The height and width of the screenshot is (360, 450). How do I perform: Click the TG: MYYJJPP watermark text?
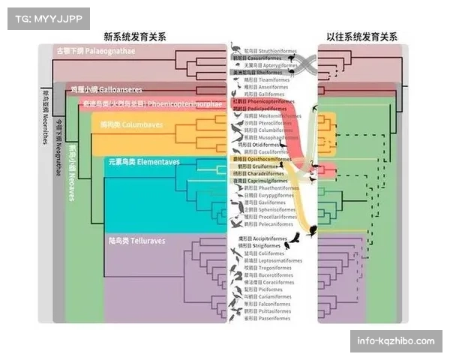coord(48,18)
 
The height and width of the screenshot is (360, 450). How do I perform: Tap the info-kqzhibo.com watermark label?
coord(395,341)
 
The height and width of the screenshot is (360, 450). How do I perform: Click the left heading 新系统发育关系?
coord(135,36)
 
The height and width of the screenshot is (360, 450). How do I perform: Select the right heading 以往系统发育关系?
coord(362,36)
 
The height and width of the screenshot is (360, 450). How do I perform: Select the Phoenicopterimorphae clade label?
coord(142,103)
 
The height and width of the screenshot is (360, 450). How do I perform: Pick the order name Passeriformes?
coord(272,318)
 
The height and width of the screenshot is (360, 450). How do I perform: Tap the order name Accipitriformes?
coord(271,238)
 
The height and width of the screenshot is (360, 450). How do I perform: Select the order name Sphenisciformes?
coord(271,210)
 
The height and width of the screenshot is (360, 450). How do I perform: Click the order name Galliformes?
coord(268,93)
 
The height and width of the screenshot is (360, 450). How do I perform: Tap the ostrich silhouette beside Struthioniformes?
coord(236,47)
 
